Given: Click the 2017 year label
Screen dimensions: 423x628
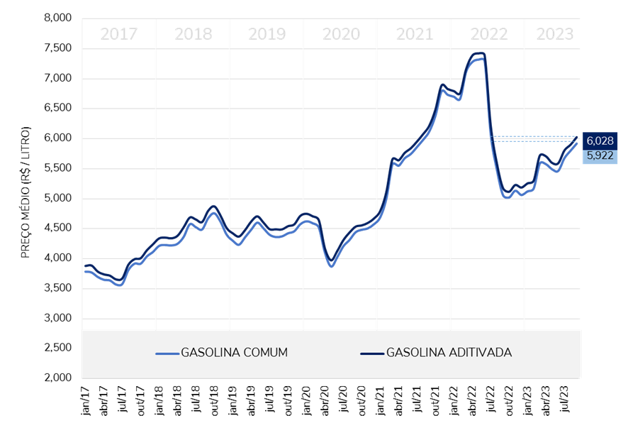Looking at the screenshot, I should click(x=118, y=34).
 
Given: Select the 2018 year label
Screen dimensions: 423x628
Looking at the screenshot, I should click(x=193, y=34).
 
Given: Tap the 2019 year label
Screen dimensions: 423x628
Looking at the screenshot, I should click(x=267, y=34).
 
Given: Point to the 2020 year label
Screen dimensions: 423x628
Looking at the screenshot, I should click(x=341, y=34).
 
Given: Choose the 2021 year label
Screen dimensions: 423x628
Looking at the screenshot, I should click(x=415, y=34).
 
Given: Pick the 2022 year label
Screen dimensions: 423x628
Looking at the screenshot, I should click(x=489, y=34).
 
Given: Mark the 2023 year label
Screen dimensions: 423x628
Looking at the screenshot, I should click(x=554, y=34).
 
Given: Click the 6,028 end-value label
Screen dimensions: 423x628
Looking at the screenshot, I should click(x=600, y=141).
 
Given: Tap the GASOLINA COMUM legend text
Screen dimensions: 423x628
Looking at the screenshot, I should click(x=234, y=352).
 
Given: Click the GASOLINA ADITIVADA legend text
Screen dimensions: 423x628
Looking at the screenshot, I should click(x=449, y=352).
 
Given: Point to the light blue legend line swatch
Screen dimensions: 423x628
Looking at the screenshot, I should click(x=167, y=353).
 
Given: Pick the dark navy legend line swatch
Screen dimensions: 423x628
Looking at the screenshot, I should click(x=371, y=353).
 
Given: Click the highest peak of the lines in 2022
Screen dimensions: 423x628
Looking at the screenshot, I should click(x=478, y=55).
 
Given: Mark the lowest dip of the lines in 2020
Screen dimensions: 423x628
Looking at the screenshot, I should click(x=331, y=265).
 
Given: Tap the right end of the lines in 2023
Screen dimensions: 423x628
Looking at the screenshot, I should click(x=577, y=143).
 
